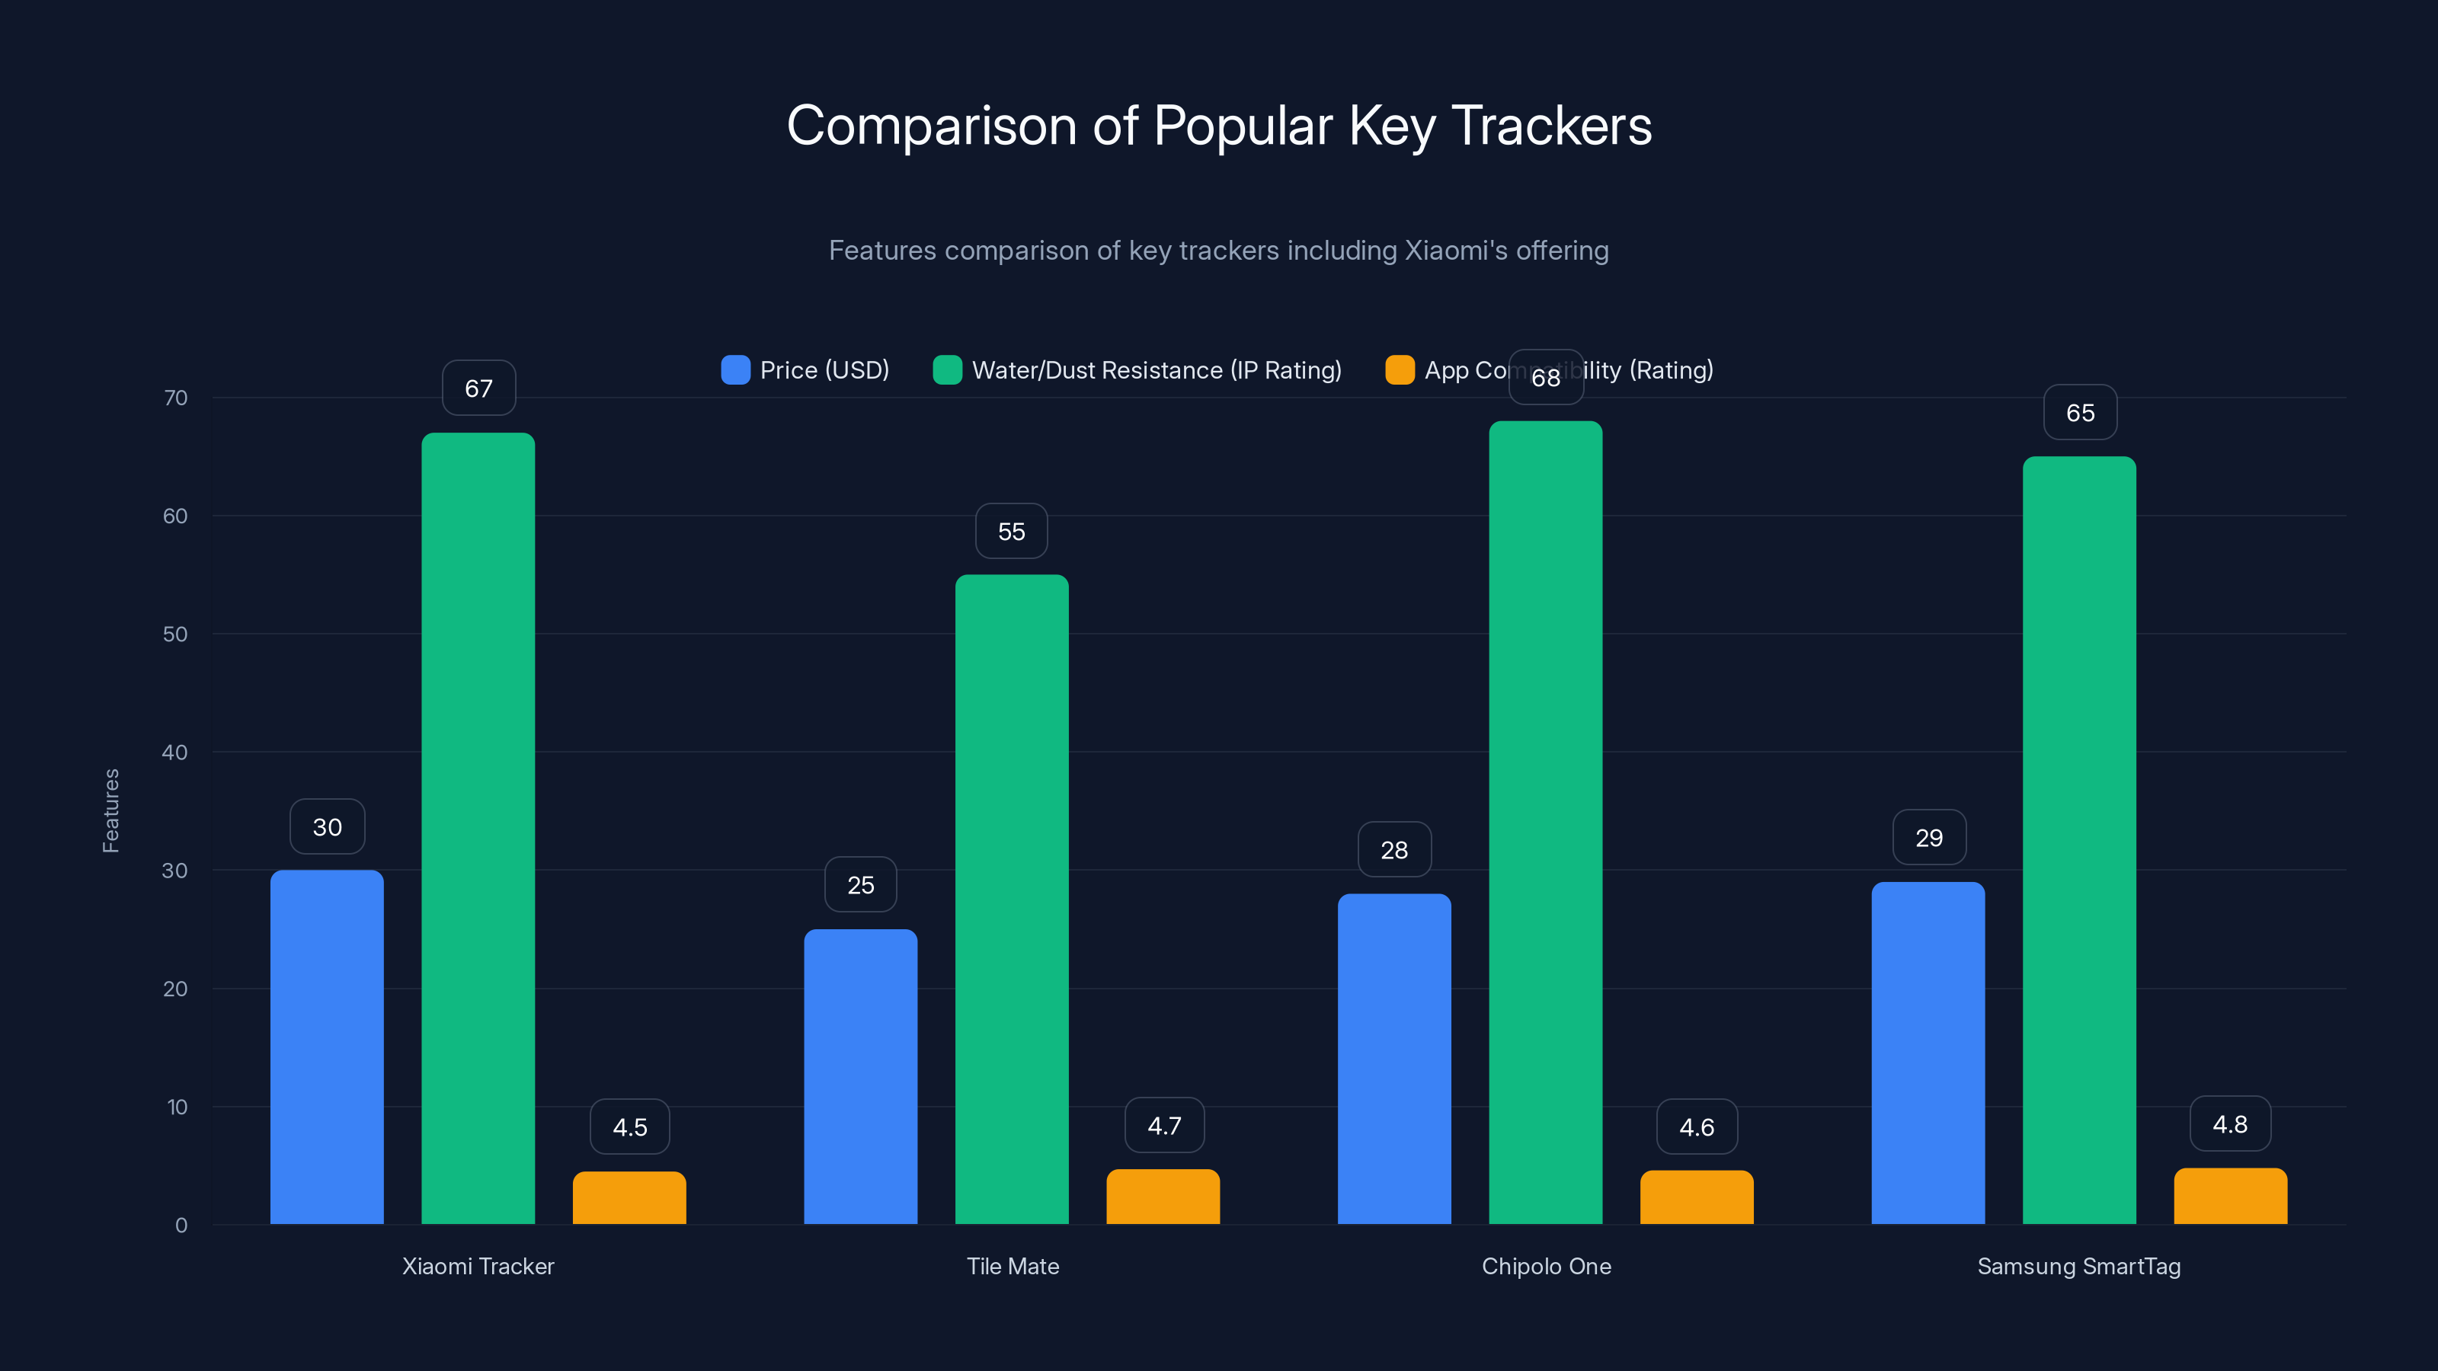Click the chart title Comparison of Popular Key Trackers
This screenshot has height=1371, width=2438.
[x=1219, y=126]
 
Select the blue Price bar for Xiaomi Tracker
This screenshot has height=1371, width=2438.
[x=327, y=1047]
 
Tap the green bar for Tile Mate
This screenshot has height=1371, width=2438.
[x=1012, y=899]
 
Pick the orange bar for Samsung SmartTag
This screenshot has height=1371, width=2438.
[x=2230, y=1197]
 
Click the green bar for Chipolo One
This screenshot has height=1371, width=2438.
[x=1546, y=823]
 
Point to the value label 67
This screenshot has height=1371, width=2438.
[x=479, y=388]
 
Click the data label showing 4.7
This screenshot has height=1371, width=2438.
[x=1164, y=1126]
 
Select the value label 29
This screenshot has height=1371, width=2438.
[x=1929, y=837]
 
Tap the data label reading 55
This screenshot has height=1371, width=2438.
[x=1012, y=532]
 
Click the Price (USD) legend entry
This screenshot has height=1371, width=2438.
[x=805, y=370]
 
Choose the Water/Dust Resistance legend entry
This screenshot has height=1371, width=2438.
[x=1137, y=370]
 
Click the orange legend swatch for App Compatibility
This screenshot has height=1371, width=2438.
[x=1400, y=370]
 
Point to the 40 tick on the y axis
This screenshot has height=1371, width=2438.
[x=175, y=753]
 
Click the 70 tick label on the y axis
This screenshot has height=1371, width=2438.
[x=175, y=398]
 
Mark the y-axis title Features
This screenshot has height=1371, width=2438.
[x=110, y=811]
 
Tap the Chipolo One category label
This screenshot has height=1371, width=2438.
[x=1546, y=1266]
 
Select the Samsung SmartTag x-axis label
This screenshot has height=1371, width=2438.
[x=2078, y=1266]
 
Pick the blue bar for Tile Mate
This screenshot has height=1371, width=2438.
[x=860, y=1077]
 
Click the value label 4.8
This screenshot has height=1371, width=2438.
[x=2230, y=1124]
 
